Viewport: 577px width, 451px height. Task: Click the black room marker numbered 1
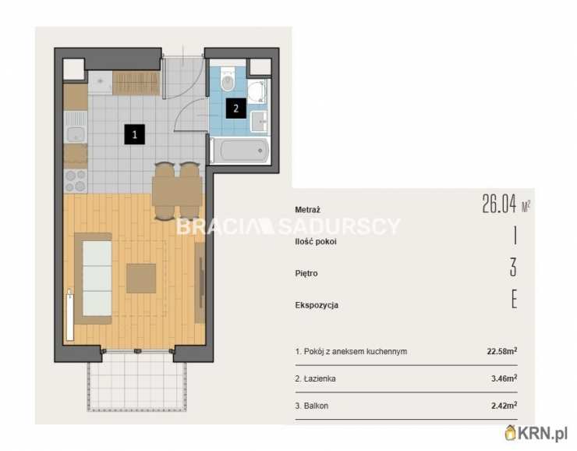[134, 134]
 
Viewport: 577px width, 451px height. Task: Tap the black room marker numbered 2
[236, 108]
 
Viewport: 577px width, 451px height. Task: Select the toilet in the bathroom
[228, 80]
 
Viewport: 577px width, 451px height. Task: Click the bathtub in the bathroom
[241, 151]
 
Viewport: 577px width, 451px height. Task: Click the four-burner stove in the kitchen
[76, 181]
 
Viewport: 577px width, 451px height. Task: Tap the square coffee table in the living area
[141, 279]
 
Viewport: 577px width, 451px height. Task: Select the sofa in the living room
[93, 279]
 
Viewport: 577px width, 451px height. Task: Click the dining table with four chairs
[177, 191]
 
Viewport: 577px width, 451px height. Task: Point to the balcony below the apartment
[136, 382]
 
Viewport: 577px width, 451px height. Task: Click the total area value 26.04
[499, 204]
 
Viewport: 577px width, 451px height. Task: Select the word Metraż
[308, 210]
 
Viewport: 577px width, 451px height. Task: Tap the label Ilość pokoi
[316, 242]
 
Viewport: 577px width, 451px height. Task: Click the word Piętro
[306, 274]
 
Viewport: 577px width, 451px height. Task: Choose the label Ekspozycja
[317, 305]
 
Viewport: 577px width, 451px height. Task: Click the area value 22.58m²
[502, 351]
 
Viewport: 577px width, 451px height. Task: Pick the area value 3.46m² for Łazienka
[504, 378]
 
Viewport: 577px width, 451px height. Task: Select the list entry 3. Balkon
[312, 406]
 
